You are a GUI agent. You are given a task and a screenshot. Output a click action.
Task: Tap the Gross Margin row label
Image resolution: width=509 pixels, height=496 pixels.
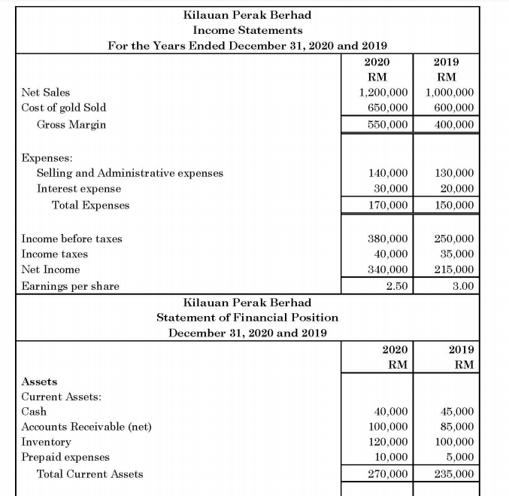click(x=71, y=124)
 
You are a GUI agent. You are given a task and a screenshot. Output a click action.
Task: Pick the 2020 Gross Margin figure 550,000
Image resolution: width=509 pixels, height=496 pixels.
click(x=383, y=124)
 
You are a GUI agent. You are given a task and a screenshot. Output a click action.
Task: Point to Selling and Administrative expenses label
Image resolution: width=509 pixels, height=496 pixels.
click(x=129, y=173)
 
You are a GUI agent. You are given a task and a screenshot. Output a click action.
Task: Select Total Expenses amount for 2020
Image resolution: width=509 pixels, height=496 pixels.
click(x=383, y=205)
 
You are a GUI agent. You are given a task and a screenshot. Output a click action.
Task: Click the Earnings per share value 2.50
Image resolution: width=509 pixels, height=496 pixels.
click(x=395, y=286)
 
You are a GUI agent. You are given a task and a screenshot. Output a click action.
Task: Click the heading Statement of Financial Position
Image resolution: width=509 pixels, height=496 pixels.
click(x=247, y=318)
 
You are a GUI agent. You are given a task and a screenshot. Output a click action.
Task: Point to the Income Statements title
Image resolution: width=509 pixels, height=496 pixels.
click(x=247, y=30)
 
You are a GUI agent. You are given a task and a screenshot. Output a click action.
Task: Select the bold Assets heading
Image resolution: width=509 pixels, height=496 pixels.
click(x=39, y=382)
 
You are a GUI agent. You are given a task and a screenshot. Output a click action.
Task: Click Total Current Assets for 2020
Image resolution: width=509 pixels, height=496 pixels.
click(x=383, y=474)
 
